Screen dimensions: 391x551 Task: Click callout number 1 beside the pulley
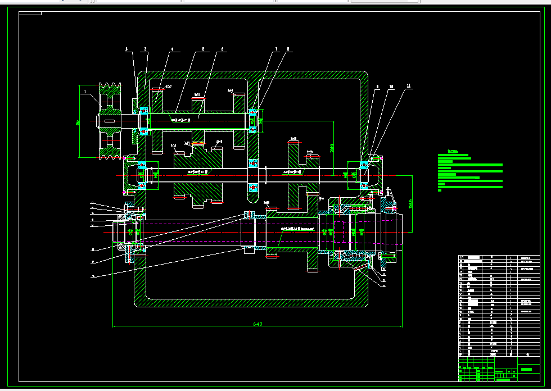tap(85, 90)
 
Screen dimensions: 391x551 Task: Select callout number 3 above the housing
tap(145, 49)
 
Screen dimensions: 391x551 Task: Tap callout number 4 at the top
tap(172, 49)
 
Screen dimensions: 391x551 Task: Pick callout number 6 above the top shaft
tap(223, 49)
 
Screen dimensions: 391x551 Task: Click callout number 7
tap(277, 49)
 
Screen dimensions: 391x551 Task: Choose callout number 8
tap(288, 49)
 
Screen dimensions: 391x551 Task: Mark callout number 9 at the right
tap(378, 87)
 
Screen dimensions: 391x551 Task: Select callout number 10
tap(391, 87)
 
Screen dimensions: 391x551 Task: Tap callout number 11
tap(409, 87)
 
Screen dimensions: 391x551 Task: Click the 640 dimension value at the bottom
tap(258, 324)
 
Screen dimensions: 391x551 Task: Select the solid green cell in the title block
tap(526, 369)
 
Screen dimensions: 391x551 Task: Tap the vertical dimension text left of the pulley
tap(78, 121)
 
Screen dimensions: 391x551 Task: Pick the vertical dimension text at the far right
tap(412, 202)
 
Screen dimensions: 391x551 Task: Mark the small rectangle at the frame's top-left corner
tap(30, 13)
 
